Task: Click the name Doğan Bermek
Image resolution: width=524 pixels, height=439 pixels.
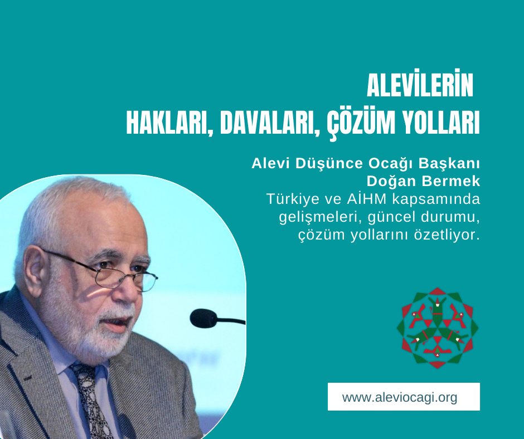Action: coord(424,181)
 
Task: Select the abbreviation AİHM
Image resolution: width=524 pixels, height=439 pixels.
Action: coord(367,199)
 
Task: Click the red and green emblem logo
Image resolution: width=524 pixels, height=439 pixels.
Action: coord(438,328)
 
